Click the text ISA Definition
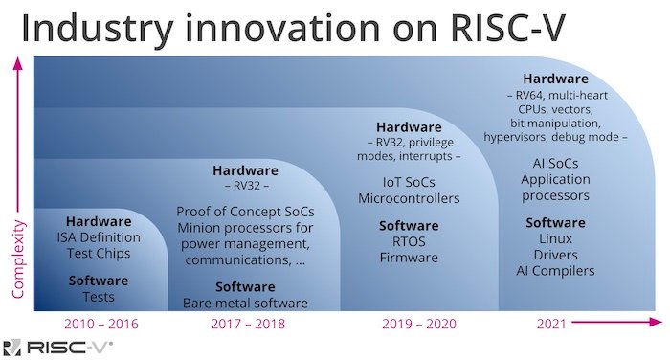(99, 237)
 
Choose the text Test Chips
(99, 254)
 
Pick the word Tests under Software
(99, 296)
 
